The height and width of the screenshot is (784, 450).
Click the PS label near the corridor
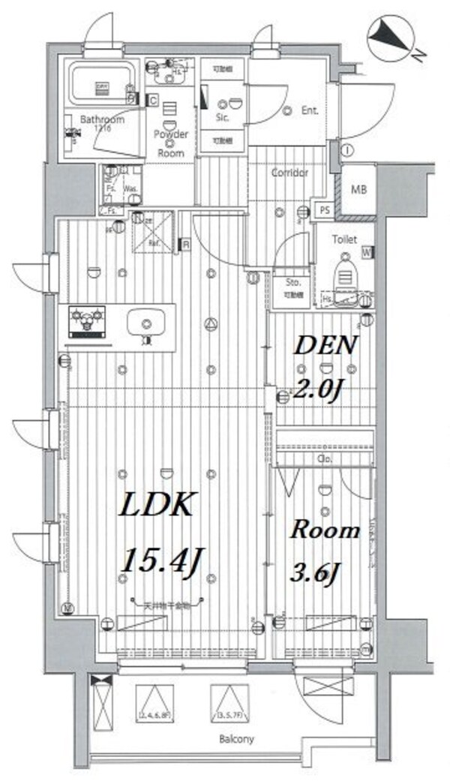click(x=325, y=212)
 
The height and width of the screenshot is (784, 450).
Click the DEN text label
click(x=325, y=347)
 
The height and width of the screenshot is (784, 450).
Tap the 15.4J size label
click(x=166, y=560)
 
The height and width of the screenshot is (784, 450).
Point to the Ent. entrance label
click(x=310, y=110)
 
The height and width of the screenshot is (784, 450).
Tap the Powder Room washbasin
click(x=169, y=73)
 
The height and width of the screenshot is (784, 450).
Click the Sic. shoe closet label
click(x=223, y=118)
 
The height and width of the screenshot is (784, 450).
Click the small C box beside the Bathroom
click(x=152, y=100)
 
